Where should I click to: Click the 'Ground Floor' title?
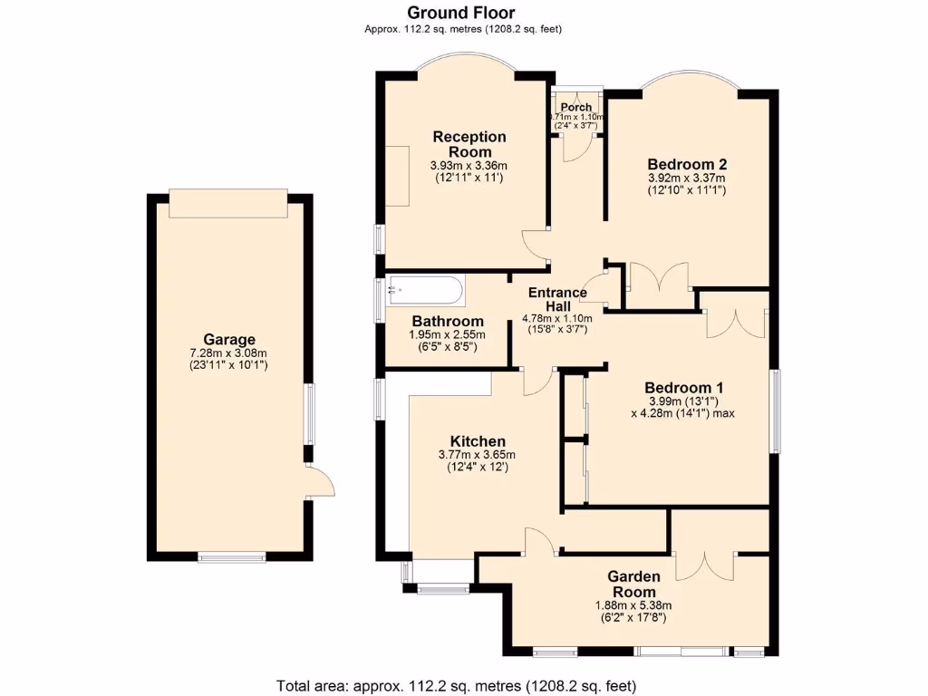(460, 13)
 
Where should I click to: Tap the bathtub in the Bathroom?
(424, 292)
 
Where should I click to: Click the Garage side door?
(319, 481)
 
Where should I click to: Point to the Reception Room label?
(469, 144)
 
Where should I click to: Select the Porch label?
(575, 108)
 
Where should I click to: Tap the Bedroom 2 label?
(687, 164)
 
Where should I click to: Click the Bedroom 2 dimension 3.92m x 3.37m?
(687, 179)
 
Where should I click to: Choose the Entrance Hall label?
(556, 298)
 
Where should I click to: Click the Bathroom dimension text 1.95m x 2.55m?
(447, 335)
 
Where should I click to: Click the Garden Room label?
(633, 585)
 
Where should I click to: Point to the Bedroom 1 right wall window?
(775, 410)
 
